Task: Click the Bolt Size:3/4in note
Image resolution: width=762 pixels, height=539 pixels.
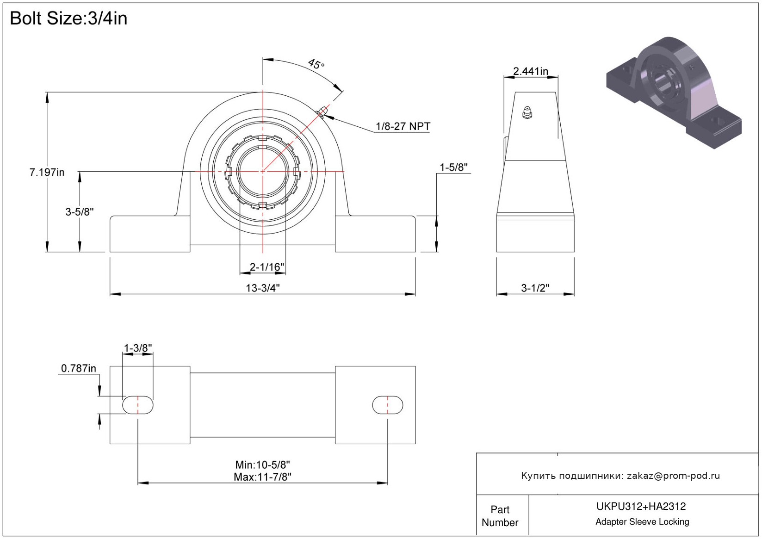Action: click(68, 18)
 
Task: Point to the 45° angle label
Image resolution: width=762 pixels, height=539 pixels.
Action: click(316, 64)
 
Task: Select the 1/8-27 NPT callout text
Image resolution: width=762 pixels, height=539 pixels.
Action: click(403, 126)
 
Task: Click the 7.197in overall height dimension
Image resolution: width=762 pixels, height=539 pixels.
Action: click(47, 172)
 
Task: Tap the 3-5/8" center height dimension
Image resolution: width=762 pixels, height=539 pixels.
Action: click(79, 211)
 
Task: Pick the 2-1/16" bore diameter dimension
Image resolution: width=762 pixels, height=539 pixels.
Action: click(266, 267)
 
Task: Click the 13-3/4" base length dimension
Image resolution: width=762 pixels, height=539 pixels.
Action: click(263, 288)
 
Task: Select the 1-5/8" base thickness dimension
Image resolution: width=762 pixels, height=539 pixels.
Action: click(453, 167)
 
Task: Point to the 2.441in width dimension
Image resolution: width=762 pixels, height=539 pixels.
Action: click(531, 71)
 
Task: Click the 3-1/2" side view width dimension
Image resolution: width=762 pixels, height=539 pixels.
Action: click(535, 288)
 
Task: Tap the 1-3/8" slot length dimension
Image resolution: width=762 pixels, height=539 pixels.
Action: click(138, 348)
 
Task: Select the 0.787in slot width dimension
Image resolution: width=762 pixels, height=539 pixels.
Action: click(79, 368)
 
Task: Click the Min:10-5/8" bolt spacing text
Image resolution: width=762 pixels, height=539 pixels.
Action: click(263, 465)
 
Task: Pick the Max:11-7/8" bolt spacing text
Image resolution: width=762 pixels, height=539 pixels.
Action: click(263, 477)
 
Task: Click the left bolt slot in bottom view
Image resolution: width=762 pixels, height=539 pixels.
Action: click(138, 405)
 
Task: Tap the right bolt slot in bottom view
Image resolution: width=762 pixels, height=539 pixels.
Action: click(387, 405)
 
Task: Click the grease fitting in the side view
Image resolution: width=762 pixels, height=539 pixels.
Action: click(527, 112)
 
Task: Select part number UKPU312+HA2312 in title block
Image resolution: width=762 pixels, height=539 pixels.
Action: click(641, 506)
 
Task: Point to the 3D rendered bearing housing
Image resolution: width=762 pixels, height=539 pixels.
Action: click(674, 93)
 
